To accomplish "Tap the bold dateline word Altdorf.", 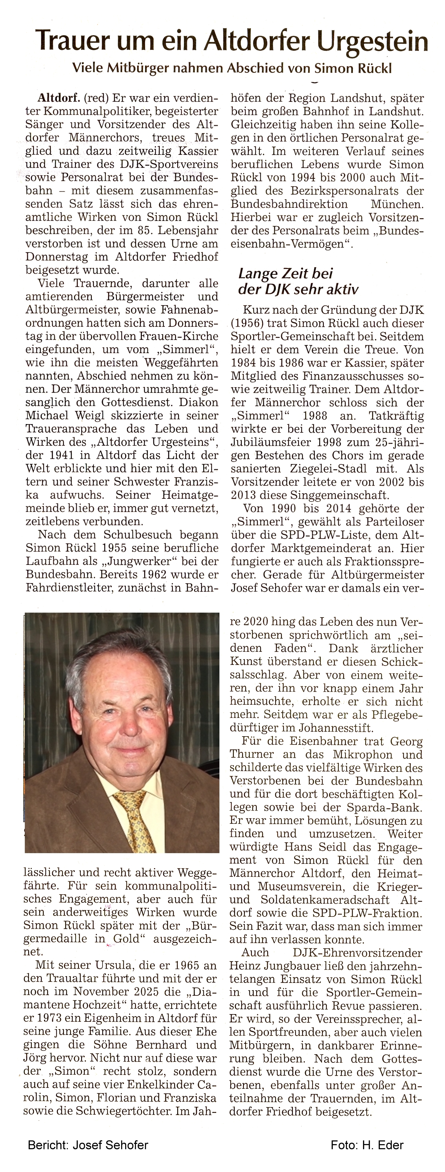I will tap(59, 98).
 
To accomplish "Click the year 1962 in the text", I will tap(140, 575).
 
